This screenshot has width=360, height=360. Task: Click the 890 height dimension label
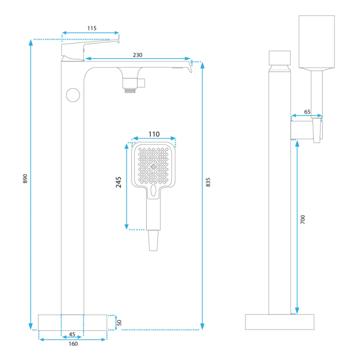(x=26, y=179)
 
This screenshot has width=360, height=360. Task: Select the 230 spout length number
(x=137, y=55)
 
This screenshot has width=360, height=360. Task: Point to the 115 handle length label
(x=91, y=28)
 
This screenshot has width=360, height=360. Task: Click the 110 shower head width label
(x=154, y=134)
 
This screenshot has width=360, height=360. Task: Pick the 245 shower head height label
(x=119, y=182)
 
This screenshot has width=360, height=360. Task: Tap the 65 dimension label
(x=307, y=111)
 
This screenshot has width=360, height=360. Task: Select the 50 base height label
(x=119, y=322)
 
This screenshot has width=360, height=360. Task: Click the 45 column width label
(x=72, y=334)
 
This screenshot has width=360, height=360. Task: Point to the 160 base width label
(x=73, y=344)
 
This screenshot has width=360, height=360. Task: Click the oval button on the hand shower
(x=153, y=191)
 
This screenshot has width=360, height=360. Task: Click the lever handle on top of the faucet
(x=85, y=46)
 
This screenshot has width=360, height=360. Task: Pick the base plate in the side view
(x=280, y=322)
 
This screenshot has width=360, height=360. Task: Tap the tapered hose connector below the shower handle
(x=153, y=240)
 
